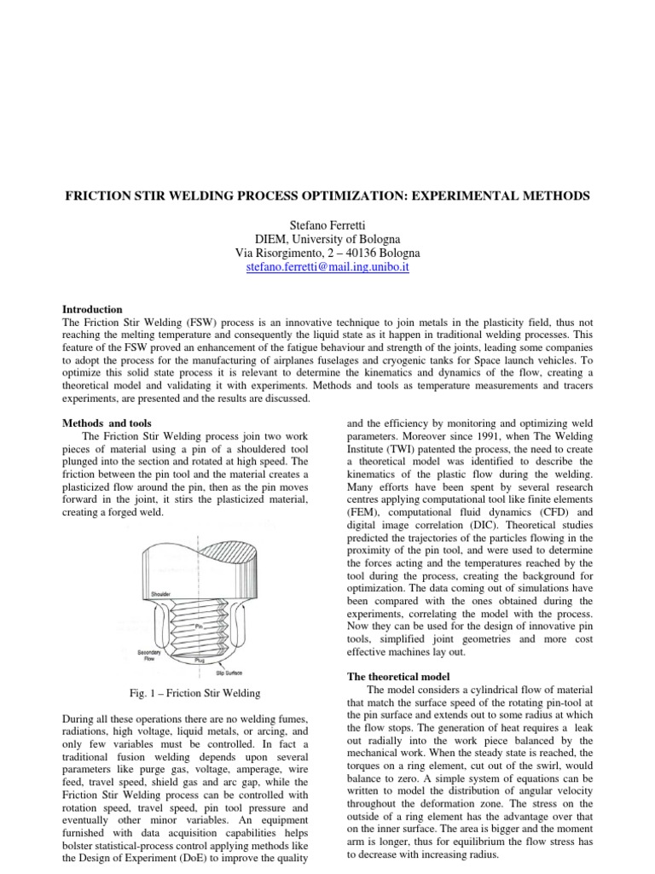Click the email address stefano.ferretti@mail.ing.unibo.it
tap(327, 268)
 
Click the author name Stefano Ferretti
tap(327, 224)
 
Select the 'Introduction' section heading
tap(93, 309)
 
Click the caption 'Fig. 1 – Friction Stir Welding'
tap(192, 692)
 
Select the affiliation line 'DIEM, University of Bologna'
tap(327, 239)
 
